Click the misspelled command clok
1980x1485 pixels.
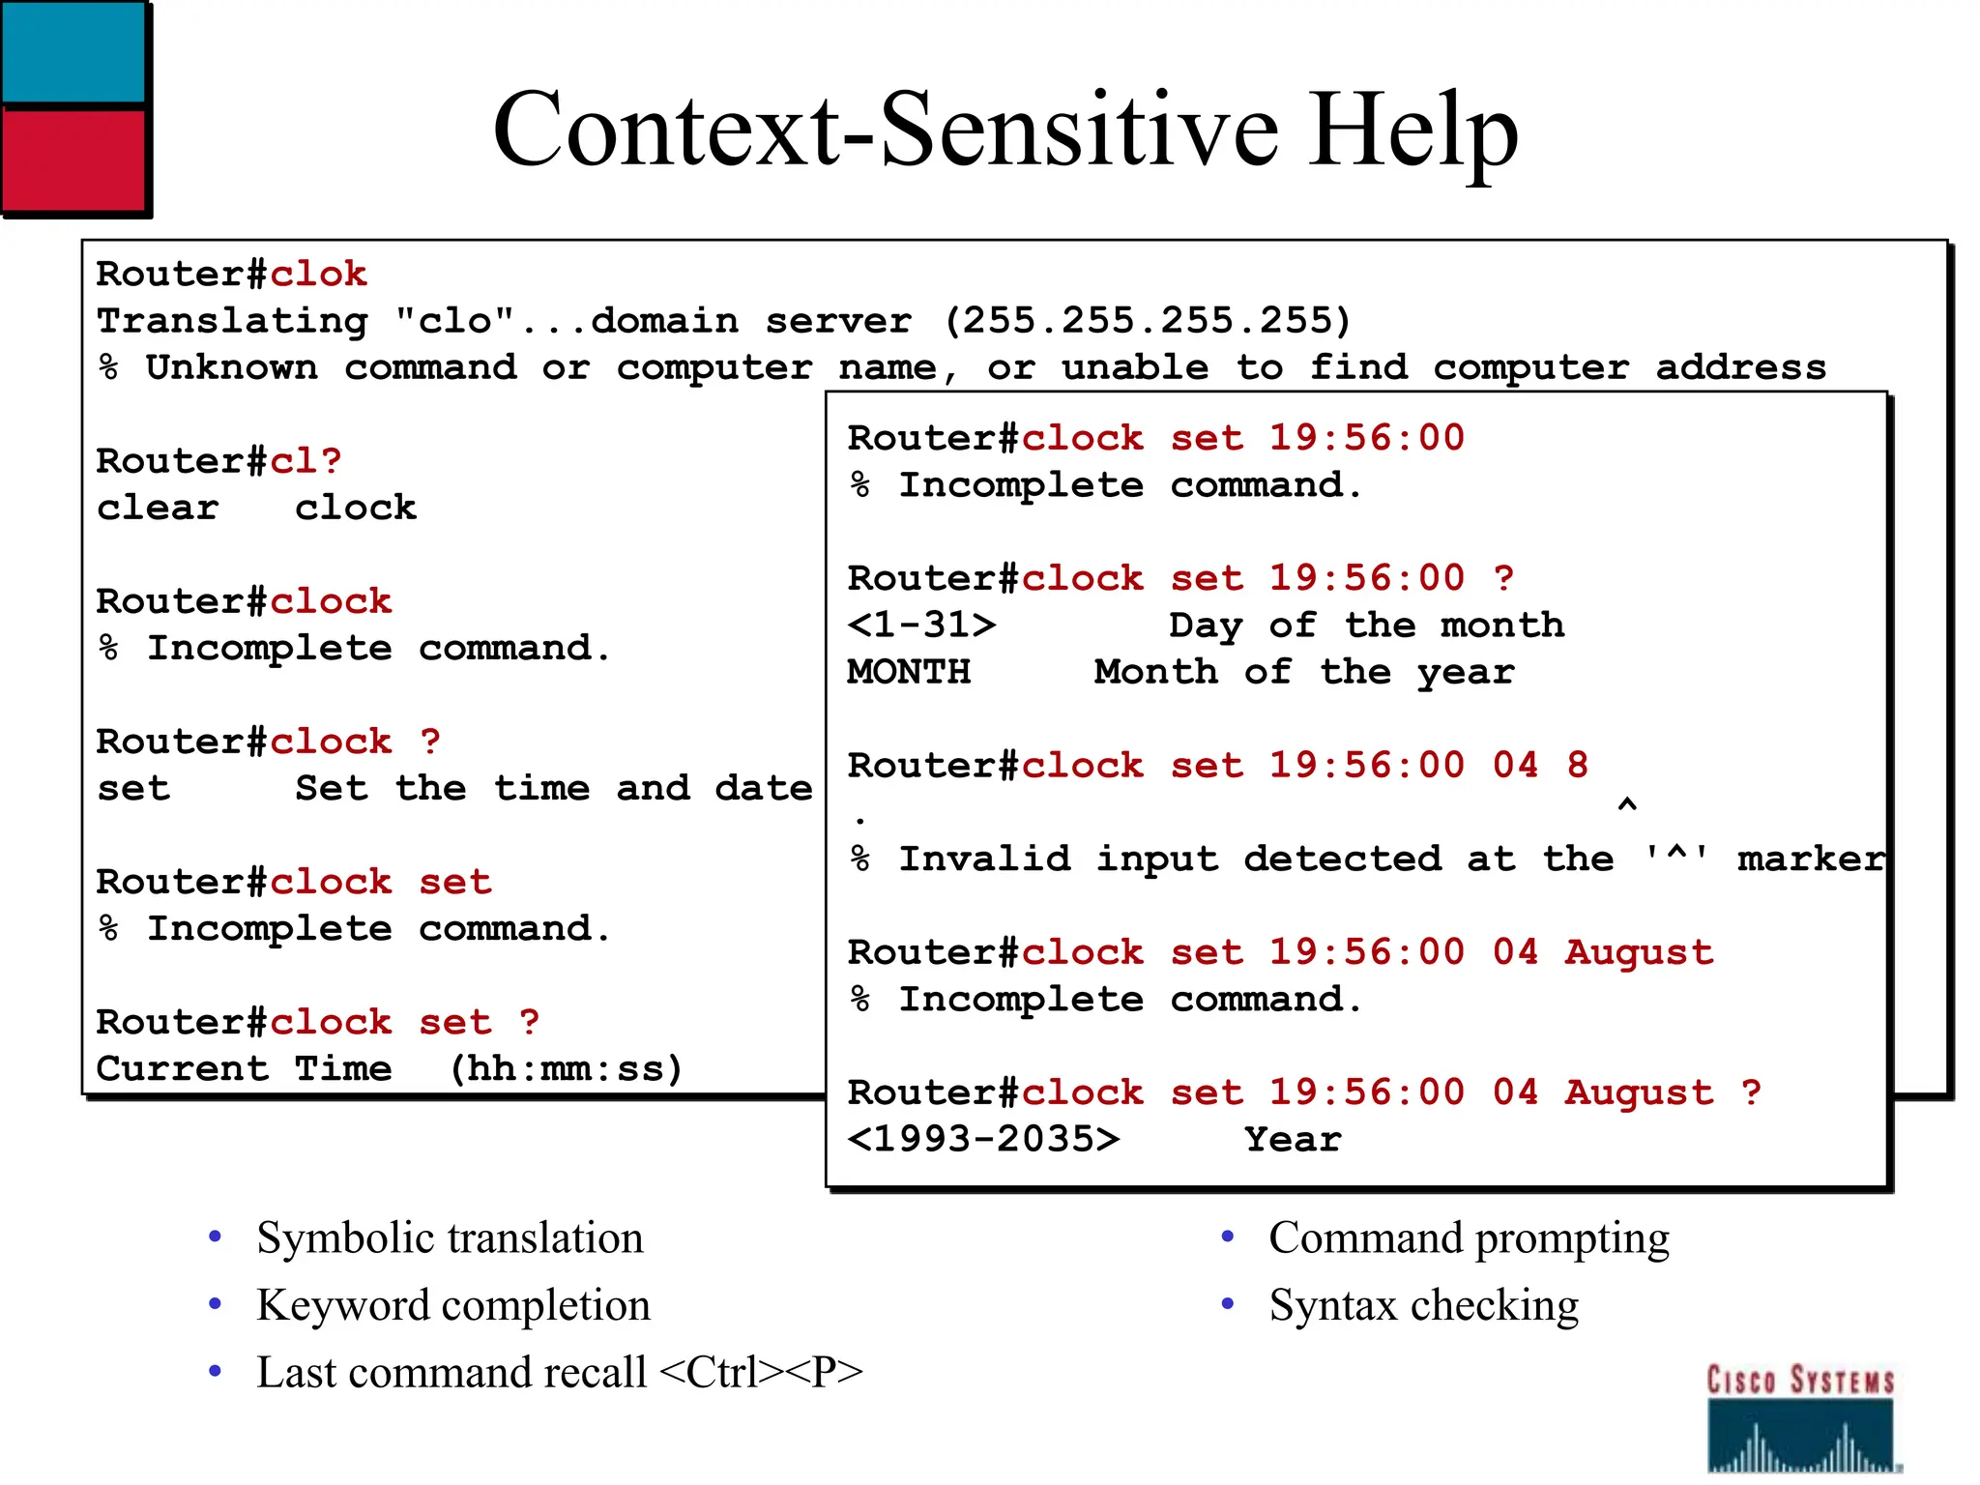318,275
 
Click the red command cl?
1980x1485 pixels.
306,461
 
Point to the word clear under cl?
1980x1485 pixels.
158,508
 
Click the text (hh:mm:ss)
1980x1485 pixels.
566,1068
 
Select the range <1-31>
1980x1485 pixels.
920,626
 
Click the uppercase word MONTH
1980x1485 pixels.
909,672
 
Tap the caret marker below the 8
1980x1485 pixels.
1627,805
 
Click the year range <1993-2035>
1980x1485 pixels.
983,1139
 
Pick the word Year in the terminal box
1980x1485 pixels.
1293,1139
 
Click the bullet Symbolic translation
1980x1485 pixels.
450,1238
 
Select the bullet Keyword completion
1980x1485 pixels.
453,1305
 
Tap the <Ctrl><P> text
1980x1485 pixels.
761,1372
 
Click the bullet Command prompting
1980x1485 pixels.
1469,1238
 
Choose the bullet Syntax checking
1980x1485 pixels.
1423,1305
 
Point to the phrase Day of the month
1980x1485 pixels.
1366,626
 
